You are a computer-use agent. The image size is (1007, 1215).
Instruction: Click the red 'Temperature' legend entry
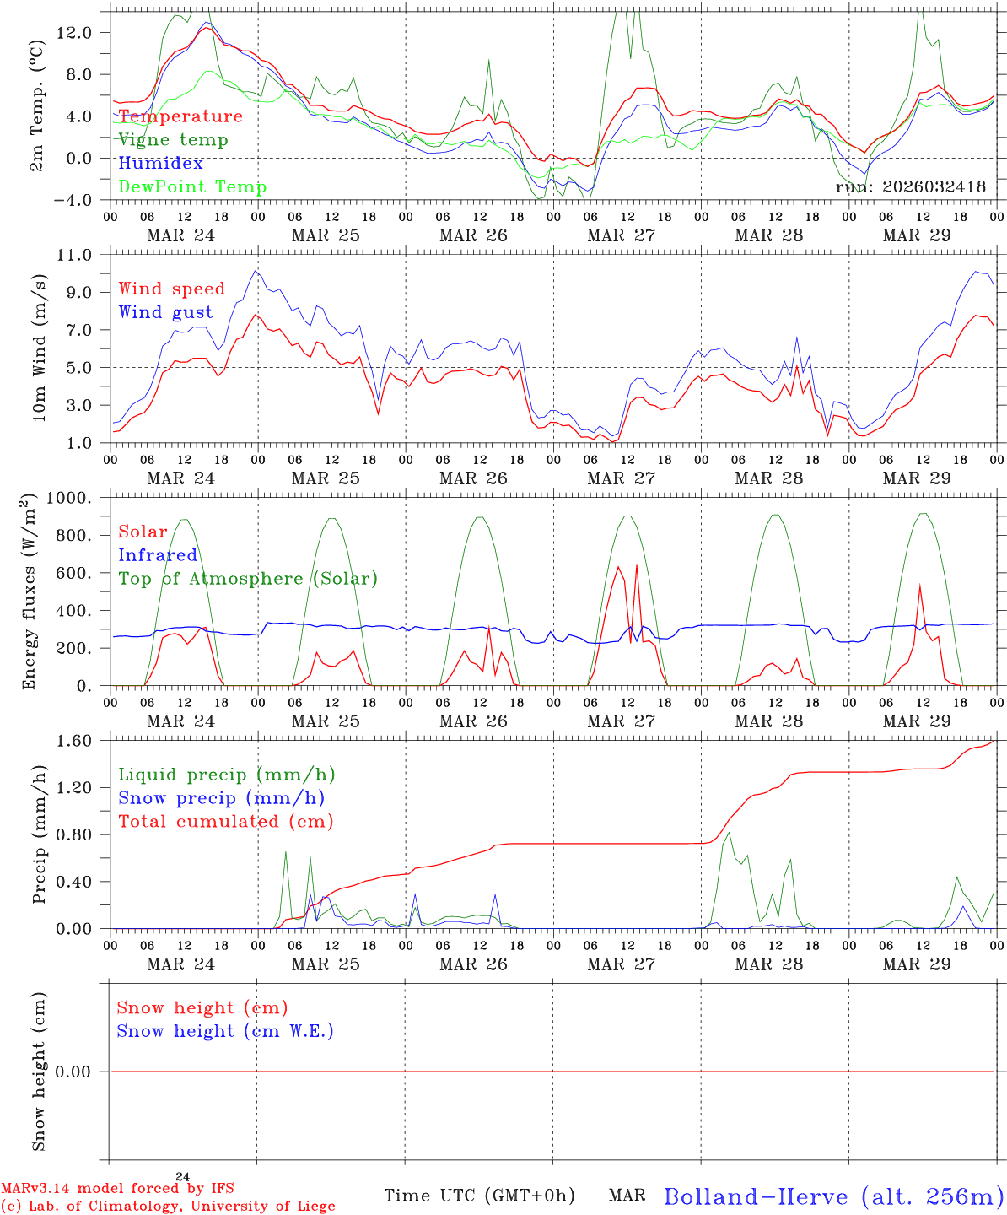180,116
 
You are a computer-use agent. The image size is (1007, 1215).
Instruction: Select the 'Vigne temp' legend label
173,140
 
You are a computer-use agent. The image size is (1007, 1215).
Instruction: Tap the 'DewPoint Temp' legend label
192,187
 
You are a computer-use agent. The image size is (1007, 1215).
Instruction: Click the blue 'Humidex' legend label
161,164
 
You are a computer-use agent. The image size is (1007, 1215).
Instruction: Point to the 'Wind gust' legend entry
165,312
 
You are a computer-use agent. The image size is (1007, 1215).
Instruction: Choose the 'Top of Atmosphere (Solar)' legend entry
248,579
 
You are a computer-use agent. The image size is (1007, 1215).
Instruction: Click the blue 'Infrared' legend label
158,555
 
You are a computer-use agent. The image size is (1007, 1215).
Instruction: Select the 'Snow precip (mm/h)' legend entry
222,798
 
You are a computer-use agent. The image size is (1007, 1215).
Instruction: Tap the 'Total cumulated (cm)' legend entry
226,822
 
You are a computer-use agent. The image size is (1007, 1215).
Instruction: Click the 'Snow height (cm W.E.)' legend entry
225,1031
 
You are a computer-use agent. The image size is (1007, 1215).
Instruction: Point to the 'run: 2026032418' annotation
910,187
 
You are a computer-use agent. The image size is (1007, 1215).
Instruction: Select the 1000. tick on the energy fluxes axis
78,498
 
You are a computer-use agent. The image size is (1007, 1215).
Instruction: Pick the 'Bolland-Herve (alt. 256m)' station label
833,1196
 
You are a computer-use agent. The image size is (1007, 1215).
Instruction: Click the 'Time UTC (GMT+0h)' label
479,1196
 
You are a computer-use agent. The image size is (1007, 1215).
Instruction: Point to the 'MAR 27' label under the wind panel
622,478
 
